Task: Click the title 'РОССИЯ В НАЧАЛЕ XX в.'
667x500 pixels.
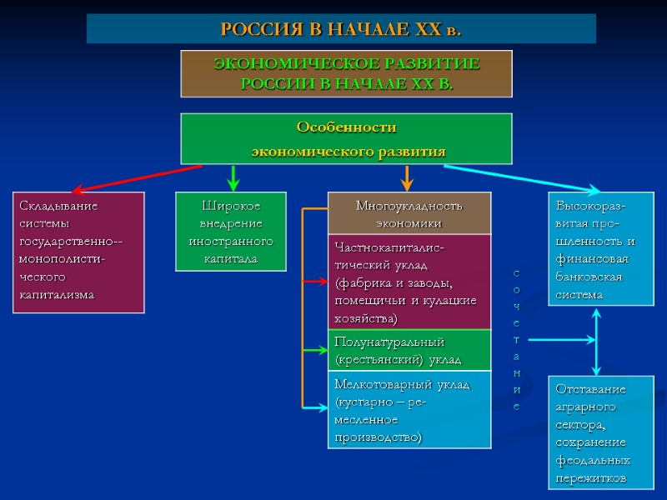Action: point(341,29)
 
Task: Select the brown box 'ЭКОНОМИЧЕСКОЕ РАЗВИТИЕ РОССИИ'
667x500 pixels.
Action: point(347,73)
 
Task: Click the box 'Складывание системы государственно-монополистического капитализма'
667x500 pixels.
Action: point(78,252)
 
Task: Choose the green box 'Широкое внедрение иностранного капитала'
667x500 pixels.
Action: point(230,232)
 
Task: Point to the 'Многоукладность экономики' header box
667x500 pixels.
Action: point(409,213)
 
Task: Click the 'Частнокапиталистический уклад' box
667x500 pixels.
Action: point(409,282)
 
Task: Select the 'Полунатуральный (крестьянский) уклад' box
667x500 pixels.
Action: point(409,350)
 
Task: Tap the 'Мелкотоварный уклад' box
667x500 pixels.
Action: point(409,409)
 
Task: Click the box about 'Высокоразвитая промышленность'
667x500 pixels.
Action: point(596,249)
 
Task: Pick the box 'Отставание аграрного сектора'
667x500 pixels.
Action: point(596,433)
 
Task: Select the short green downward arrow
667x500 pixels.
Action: point(234,177)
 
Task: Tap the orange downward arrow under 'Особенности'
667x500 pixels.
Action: point(408,177)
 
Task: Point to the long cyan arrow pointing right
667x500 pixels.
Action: point(517,177)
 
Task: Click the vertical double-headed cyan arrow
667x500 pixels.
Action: point(596,342)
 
